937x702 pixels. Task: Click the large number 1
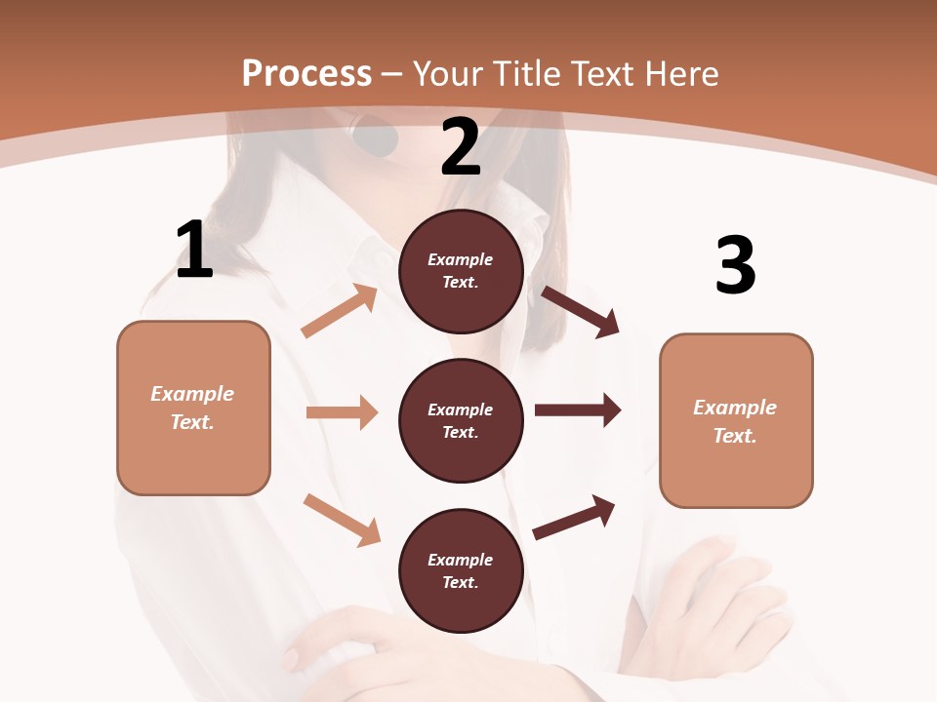(x=194, y=251)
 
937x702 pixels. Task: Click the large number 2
(x=461, y=147)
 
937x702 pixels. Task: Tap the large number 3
(x=735, y=265)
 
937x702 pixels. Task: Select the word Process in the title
(x=306, y=73)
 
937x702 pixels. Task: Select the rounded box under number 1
(x=193, y=408)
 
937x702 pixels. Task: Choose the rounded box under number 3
(x=736, y=420)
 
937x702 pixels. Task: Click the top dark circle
(x=461, y=271)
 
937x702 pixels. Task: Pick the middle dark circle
(x=461, y=420)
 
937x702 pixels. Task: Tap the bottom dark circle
(x=461, y=570)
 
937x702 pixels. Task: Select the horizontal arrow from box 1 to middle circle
(x=342, y=412)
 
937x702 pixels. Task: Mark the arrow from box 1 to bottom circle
(x=342, y=520)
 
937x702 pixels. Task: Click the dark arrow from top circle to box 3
(x=581, y=312)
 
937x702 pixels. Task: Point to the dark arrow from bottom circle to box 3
(x=574, y=517)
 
